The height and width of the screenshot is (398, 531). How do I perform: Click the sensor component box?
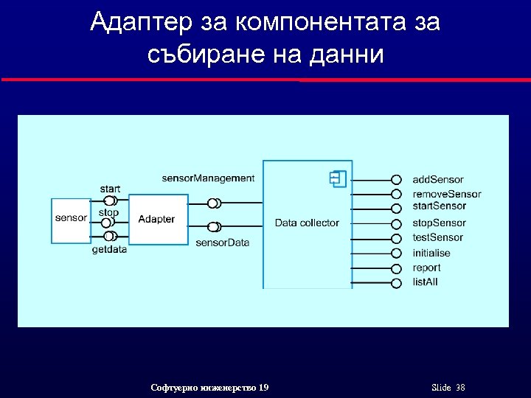point(71,219)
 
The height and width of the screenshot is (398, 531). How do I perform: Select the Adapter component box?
point(156,219)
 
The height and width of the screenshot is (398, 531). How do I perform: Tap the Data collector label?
point(307,223)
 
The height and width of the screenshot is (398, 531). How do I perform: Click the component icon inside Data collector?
point(339,178)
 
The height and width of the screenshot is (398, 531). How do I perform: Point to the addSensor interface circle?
point(396,180)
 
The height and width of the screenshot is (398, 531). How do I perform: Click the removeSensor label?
point(446,195)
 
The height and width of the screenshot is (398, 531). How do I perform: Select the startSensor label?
point(439,206)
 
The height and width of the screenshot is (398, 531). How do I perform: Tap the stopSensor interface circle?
point(396,223)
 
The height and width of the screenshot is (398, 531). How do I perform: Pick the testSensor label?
point(437,237)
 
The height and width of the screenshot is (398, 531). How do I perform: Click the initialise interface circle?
point(396,253)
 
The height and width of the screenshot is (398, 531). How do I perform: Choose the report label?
point(426,268)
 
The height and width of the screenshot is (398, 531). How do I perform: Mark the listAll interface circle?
point(396,282)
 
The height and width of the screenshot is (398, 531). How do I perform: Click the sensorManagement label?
point(208,178)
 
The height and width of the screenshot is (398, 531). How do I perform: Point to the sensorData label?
point(222,242)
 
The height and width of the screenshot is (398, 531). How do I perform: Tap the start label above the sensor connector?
point(109,189)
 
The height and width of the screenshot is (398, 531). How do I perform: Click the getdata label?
point(109,250)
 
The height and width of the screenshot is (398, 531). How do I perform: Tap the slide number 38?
point(460,388)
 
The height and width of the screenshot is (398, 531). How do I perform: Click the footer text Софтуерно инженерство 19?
point(209,388)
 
